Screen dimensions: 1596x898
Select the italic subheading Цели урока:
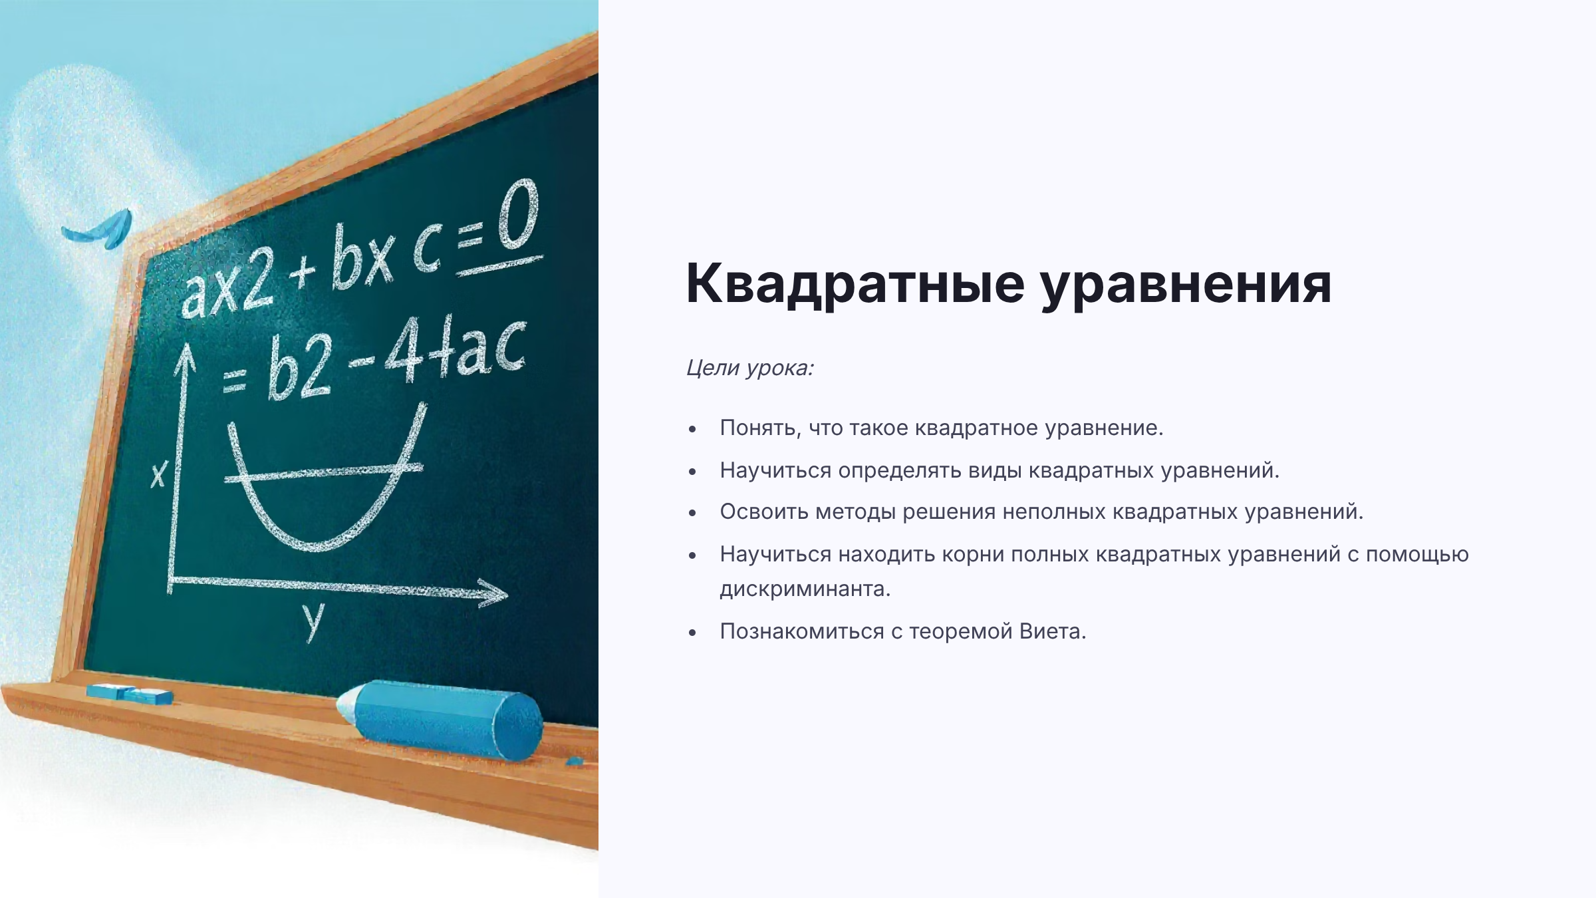[x=750, y=369]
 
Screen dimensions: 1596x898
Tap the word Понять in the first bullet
[x=760, y=428]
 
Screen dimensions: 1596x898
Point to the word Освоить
[x=764, y=512]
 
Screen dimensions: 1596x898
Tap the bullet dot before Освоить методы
[x=693, y=514]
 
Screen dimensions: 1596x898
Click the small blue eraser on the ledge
[x=130, y=694]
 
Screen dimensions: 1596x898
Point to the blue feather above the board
[x=98, y=229]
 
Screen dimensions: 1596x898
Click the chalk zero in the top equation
[x=518, y=215]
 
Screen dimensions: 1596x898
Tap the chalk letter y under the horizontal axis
[x=313, y=621]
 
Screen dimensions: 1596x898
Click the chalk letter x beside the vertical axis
[x=158, y=474]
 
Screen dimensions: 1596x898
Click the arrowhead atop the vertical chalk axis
[x=186, y=361]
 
